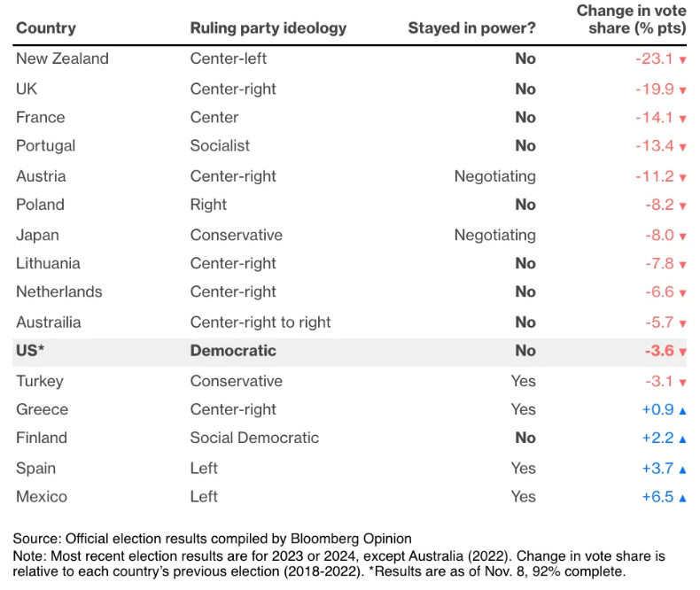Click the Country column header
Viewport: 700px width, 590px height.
[45, 27]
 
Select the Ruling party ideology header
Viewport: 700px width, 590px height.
[268, 27]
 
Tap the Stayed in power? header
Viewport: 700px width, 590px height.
[471, 27]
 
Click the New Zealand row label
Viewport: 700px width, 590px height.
[62, 58]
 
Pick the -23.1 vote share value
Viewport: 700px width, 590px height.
[655, 59]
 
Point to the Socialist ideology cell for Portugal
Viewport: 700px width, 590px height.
[220, 145]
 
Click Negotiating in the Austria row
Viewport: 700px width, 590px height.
[494, 176]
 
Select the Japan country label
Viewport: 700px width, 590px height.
[37, 235]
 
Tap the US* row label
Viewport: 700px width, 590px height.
[30, 351]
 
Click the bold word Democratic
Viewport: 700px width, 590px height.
[233, 351]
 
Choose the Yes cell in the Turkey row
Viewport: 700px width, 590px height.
[523, 381]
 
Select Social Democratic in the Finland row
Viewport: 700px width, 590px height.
[254, 438]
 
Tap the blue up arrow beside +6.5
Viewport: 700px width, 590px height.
[682, 498]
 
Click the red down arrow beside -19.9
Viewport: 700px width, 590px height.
[682, 90]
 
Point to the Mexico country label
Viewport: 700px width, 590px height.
[42, 496]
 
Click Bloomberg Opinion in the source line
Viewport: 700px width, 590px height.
[360, 539]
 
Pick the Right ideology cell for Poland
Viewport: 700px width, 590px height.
[208, 205]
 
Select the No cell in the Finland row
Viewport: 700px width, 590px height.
[525, 438]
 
